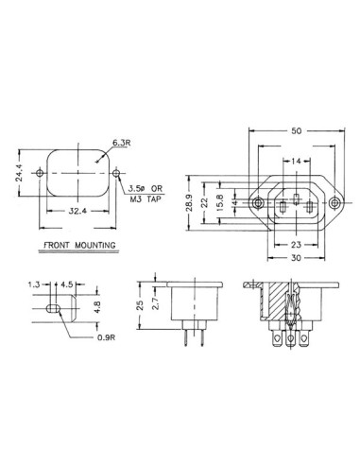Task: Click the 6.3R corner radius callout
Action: pyautogui.click(x=122, y=143)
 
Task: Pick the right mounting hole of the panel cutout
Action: pyautogui.click(x=115, y=174)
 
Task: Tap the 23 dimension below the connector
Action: pyautogui.click(x=297, y=244)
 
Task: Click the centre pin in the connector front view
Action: pyautogui.click(x=297, y=201)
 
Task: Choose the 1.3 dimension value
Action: pyautogui.click(x=34, y=284)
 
